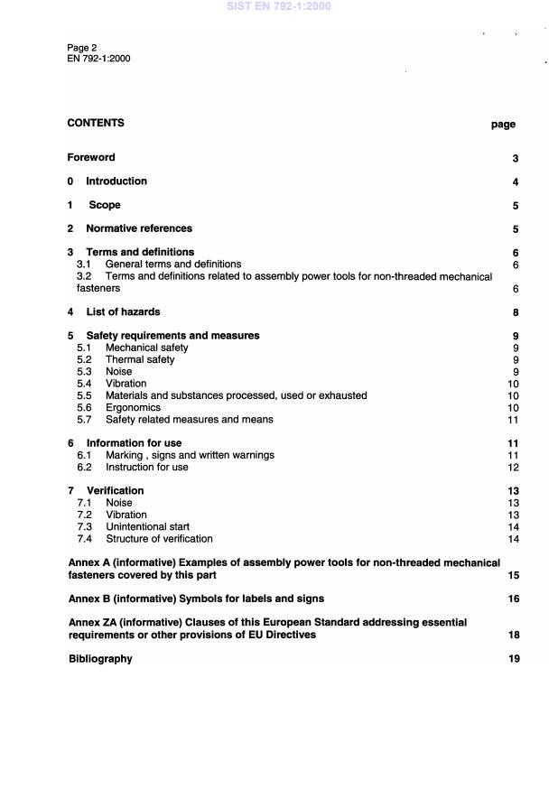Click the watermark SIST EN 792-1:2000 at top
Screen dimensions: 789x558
(279, 6)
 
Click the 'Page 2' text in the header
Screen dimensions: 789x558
(82, 47)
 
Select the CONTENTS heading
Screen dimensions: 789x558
(96, 123)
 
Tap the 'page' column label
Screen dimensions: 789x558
(503, 125)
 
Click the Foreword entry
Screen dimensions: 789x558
(91, 157)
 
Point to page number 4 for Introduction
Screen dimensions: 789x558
(515, 182)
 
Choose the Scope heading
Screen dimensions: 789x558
(104, 205)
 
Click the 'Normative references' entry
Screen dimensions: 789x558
(139, 228)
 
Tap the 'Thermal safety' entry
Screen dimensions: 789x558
(140, 359)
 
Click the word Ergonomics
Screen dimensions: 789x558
(134, 407)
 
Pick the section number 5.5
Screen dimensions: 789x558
(84, 395)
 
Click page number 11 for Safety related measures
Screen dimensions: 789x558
(512, 420)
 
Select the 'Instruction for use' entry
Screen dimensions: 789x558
(146, 467)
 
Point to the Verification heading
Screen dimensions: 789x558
(115, 490)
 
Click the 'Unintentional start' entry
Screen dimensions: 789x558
(147, 526)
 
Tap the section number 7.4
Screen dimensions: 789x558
(84, 539)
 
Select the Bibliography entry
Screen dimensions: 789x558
(100, 659)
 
